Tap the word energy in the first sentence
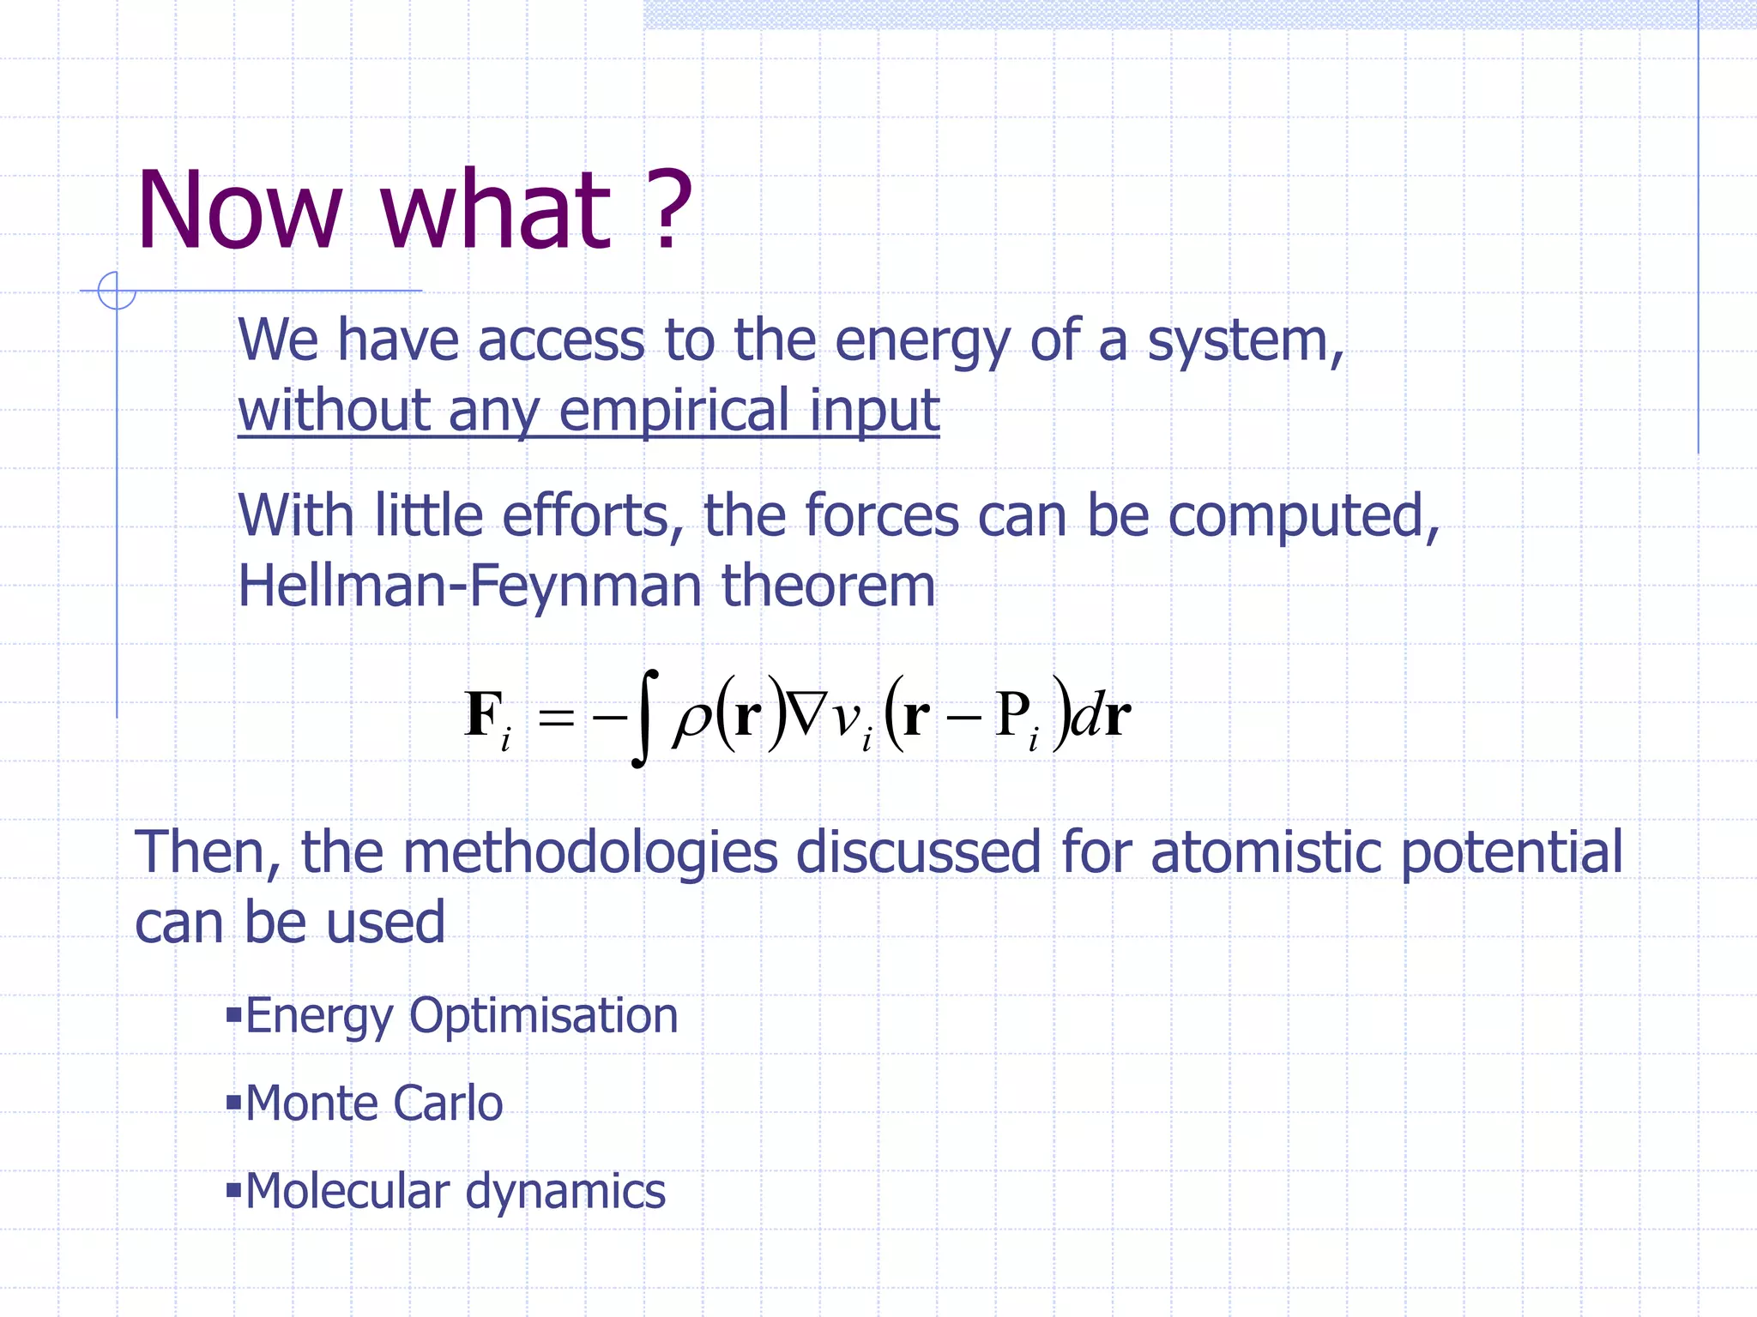pyautogui.click(x=922, y=342)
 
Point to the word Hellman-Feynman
pyautogui.click(x=469, y=586)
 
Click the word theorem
pyautogui.click(x=828, y=586)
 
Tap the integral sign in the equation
pyautogui.click(x=644, y=718)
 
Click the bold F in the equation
pyautogui.click(x=483, y=713)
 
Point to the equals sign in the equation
pyautogui.click(x=556, y=717)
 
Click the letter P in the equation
pyautogui.click(x=1012, y=713)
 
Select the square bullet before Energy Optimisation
pyautogui.click(x=233, y=1016)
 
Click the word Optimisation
pyautogui.click(x=543, y=1016)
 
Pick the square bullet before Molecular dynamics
pyautogui.click(x=233, y=1190)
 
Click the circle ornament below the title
pyautogui.click(x=117, y=290)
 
